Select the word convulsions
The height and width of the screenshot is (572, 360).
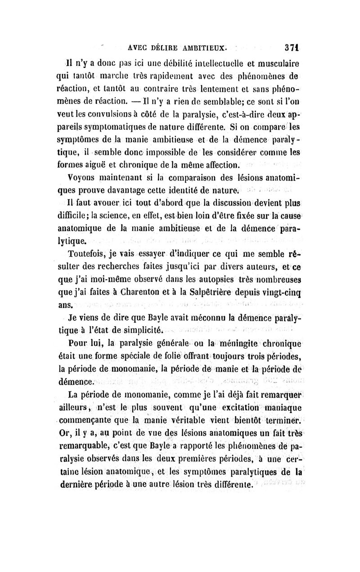coord(144,108)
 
